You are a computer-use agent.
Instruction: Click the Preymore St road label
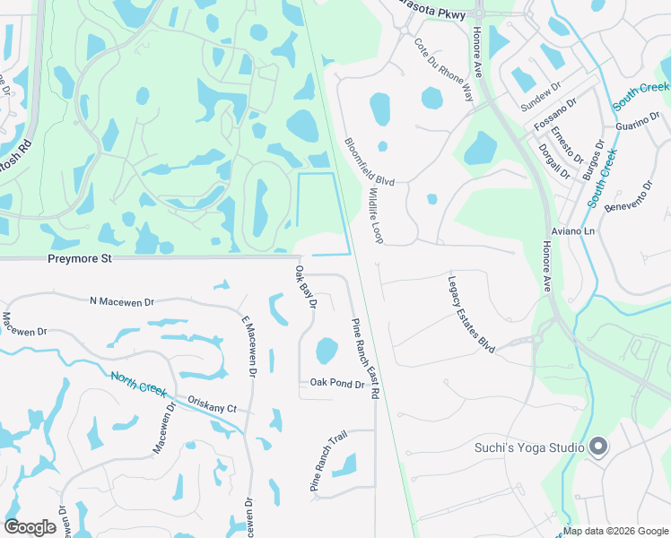(80, 259)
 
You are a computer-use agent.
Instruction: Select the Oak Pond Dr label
(336, 384)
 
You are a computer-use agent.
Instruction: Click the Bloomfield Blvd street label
(370, 161)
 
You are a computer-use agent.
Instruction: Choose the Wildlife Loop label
(375, 215)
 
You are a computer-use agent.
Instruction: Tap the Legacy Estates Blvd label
(472, 314)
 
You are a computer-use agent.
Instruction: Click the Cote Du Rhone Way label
(444, 70)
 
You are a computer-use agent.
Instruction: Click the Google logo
(30, 527)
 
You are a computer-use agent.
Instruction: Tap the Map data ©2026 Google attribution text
(615, 532)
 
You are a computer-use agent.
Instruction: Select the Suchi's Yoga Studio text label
(529, 447)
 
